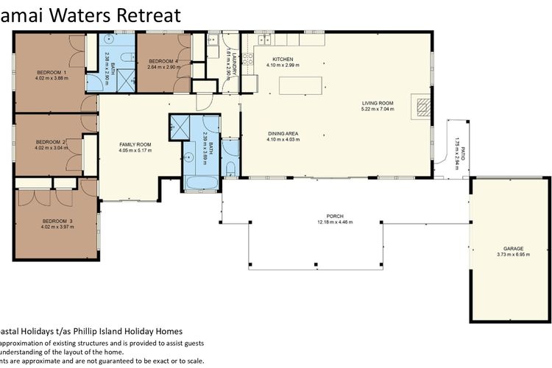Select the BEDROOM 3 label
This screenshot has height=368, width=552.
[x=57, y=221]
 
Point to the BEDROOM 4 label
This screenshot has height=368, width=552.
[x=163, y=61]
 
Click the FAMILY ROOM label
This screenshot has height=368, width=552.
[x=135, y=144]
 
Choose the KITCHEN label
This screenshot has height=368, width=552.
[x=283, y=59]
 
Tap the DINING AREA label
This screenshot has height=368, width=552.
[x=282, y=133]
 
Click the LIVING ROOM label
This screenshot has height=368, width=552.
[x=377, y=103]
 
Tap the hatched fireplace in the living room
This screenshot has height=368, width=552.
[x=422, y=107]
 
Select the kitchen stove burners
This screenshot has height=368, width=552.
[x=247, y=56]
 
